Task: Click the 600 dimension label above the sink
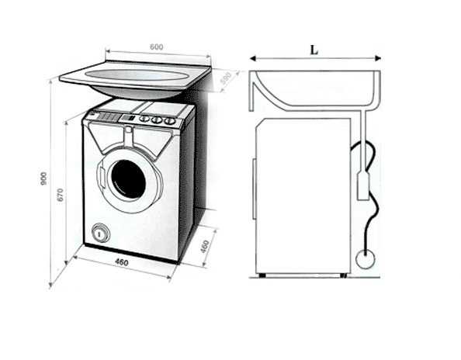(157, 47)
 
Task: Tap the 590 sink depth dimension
(227, 78)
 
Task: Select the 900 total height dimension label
(43, 178)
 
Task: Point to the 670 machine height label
(60, 195)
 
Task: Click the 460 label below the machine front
(121, 261)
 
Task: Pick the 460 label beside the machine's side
(205, 246)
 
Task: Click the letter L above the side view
(314, 50)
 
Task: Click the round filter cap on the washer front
(99, 234)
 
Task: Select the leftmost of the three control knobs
(144, 119)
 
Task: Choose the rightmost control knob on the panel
(169, 121)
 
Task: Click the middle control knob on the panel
(157, 119)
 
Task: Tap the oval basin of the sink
(137, 75)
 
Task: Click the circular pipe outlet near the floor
(366, 259)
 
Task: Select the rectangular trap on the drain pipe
(363, 186)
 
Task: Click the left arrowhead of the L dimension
(252, 58)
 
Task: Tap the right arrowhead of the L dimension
(378, 58)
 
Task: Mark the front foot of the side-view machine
(262, 275)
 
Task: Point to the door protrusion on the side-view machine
(254, 189)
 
